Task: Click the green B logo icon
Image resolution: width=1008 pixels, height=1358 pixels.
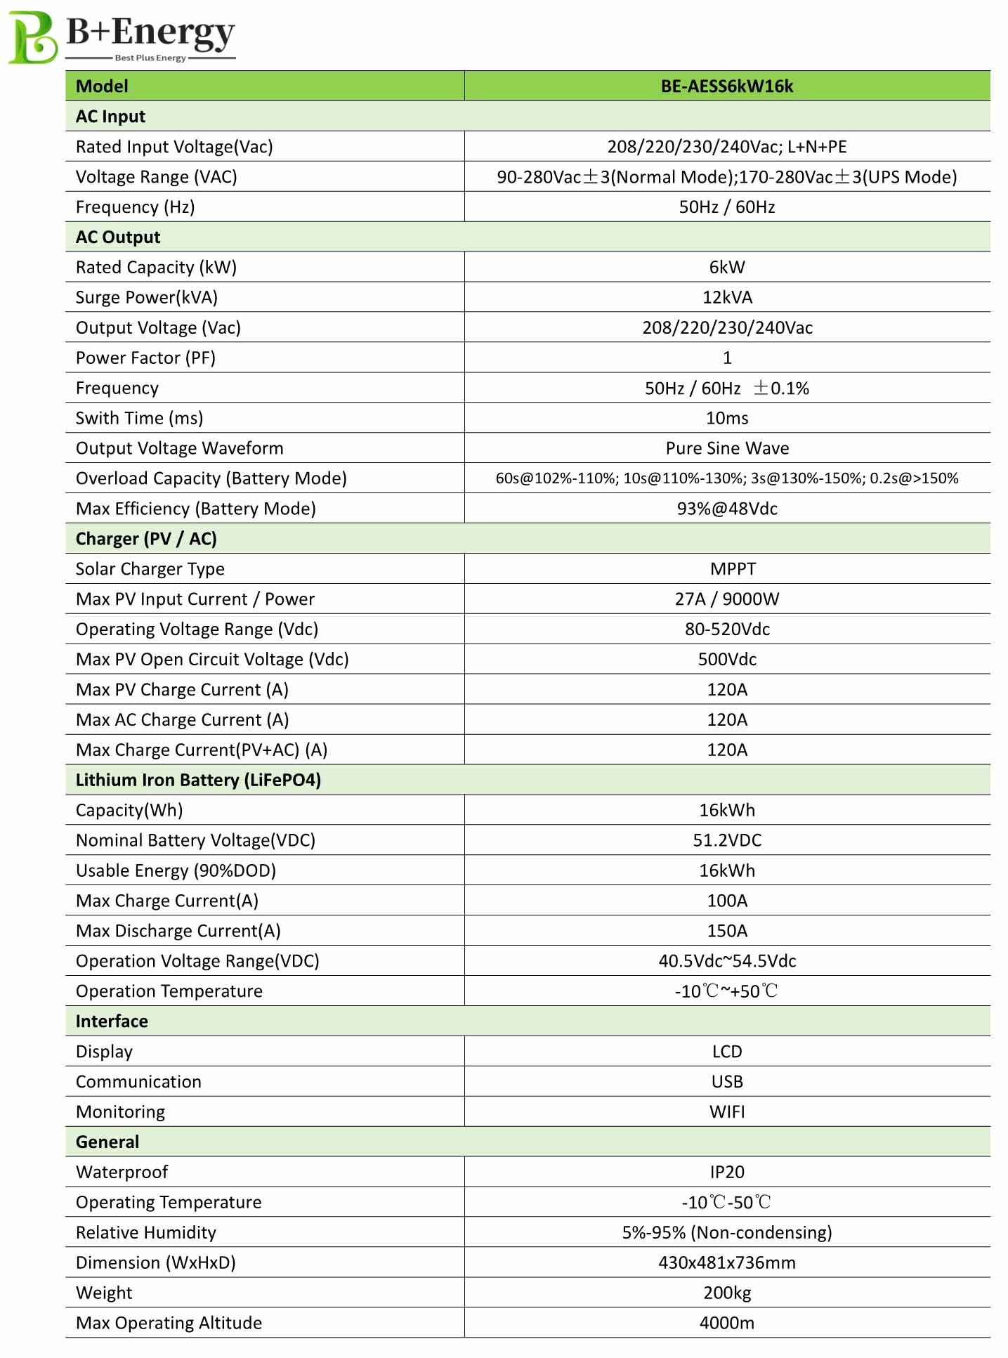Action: [x=32, y=37]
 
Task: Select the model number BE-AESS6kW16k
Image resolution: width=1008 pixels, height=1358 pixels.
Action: [x=726, y=86]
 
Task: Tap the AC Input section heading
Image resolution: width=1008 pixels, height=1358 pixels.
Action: [x=110, y=117]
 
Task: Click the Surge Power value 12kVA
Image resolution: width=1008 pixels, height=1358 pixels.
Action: [x=726, y=298]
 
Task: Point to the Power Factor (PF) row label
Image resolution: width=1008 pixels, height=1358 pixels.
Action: [x=145, y=358]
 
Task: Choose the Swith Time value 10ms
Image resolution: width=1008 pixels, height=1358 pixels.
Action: [x=726, y=419]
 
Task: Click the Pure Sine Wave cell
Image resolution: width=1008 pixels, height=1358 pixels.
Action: [x=726, y=449]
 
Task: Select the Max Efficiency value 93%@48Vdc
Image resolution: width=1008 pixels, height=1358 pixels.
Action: [x=726, y=509]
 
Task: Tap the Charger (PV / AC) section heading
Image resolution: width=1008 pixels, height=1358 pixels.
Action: [x=146, y=540]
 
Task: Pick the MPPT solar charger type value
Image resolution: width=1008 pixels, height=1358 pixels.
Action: [x=733, y=570]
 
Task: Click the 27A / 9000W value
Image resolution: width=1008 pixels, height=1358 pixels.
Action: [x=726, y=600]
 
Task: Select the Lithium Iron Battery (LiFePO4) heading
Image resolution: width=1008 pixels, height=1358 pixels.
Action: [x=198, y=781]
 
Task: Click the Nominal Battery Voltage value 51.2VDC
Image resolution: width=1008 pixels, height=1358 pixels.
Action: [x=726, y=841]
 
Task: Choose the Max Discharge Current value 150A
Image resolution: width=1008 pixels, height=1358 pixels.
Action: [x=726, y=932]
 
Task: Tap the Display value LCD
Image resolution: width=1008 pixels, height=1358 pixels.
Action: [x=726, y=1052]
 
